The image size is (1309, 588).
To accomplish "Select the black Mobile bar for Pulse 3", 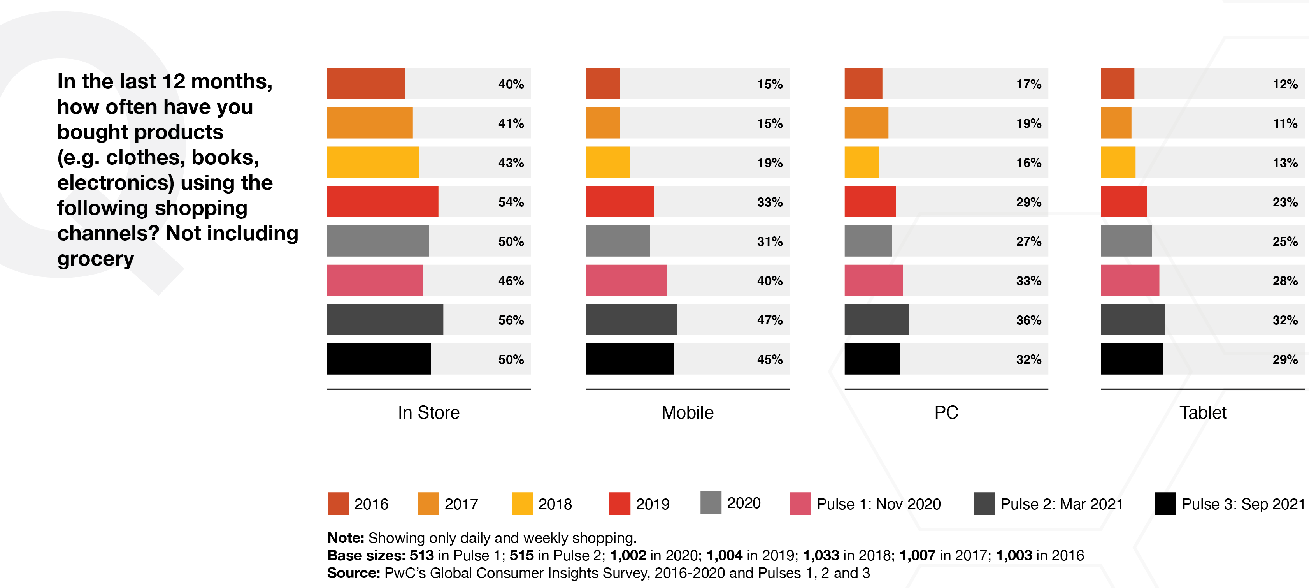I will pos(629,359).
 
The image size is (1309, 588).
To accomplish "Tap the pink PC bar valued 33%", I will pos(873,280).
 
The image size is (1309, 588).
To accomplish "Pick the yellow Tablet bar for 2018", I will pos(1118,162).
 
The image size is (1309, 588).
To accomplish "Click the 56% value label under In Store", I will pos(511,320).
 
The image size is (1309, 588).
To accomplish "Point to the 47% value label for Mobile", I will pos(769,320).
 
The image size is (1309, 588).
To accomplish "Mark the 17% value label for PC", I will pos(1028,84).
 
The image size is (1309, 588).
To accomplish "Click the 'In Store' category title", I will pos(428,412).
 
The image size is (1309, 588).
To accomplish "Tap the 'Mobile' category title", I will pos(687,412).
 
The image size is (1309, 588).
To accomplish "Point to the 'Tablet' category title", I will pos(1202,412).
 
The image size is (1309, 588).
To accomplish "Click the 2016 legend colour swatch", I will pos(338,503).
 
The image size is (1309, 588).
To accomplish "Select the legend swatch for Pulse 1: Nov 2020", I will pos(800,503).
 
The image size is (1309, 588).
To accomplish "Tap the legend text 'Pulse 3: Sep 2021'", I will pos(1243,504).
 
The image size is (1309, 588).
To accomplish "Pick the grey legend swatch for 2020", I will pos(711,503).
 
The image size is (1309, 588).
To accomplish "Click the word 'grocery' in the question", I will pos(96,259).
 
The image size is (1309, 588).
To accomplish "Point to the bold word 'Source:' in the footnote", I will pos(353,573).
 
